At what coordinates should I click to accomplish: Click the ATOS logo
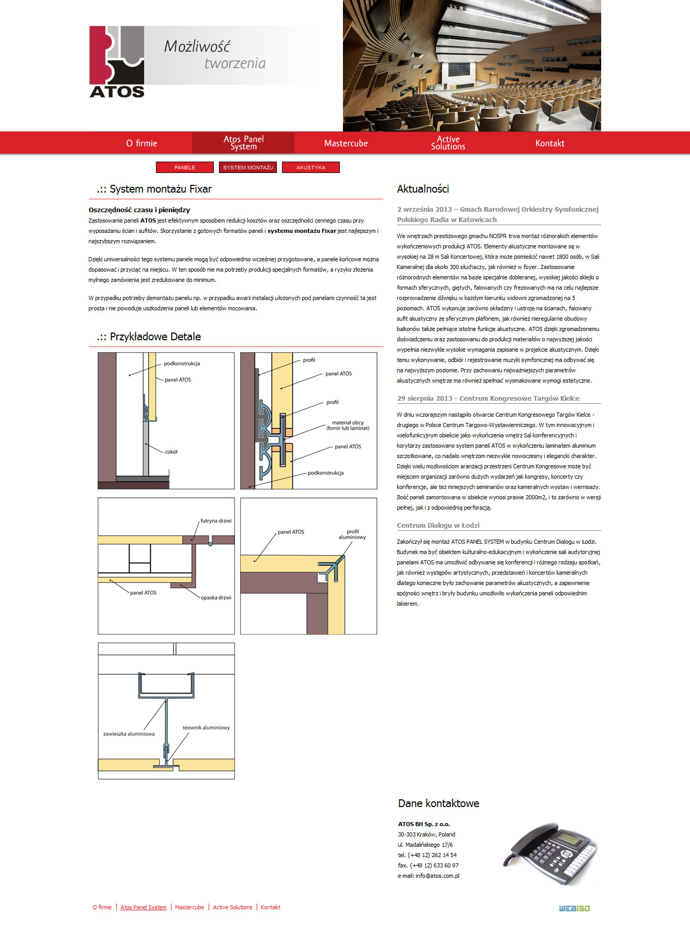[x=117, y=62]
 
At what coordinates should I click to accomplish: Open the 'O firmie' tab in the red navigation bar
[x=142, y=144]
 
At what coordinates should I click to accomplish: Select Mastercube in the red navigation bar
[x=346, y=144]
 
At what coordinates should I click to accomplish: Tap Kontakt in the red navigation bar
[x=550, y=144]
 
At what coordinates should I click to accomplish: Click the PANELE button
[x=185, y=167]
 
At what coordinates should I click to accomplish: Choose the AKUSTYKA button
[x=311, y=167]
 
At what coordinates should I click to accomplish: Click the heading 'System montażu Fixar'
[x=160, y=189]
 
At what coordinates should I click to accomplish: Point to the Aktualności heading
[x=423, y=189]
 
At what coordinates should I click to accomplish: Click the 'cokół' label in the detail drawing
[x=171, y=452]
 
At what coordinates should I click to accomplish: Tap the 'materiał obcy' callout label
[x=348, y=425]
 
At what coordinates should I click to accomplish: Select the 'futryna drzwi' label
[x=216, y=521]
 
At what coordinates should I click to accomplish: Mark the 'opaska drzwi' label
[x=216, y=597]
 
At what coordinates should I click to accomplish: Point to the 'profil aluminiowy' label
[x=352, y=534]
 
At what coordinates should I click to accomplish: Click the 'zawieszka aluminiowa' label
[x=129, y=734]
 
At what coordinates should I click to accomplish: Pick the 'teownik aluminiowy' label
[x=206, y=728]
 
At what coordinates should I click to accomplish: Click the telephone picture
[x=550, y=854]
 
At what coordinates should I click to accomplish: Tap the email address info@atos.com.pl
[x=437, y=876]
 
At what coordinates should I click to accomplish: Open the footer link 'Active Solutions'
[x=232, y=907]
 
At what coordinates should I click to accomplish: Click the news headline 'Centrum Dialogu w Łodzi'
[x=438, y=525]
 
